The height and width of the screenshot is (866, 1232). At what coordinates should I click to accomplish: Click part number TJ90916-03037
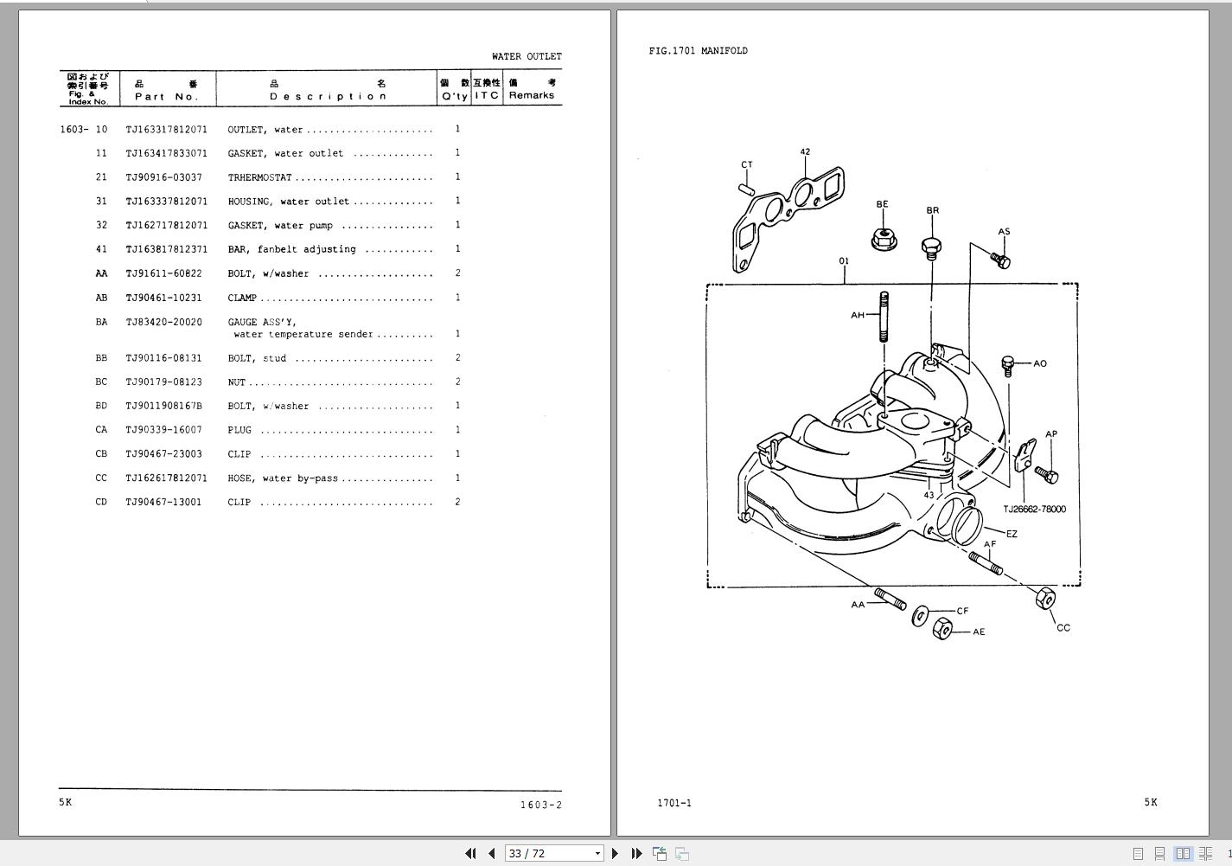tap(163, 177)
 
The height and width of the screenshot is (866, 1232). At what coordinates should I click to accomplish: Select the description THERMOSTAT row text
tap(259, 177)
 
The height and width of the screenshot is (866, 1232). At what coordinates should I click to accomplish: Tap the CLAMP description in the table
tap(242, 298)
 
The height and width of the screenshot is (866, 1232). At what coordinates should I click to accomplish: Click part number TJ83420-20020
tap(163, 322)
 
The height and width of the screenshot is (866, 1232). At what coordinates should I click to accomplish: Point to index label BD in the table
tap(101, 406)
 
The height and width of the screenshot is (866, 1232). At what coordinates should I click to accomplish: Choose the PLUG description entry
tap(239, 430)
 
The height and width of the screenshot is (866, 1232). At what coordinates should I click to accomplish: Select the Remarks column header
tap(532, 95)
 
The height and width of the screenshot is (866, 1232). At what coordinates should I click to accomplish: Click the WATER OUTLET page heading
tap(527, 56)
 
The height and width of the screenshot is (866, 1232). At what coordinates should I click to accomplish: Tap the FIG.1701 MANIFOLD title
tap(698, 51)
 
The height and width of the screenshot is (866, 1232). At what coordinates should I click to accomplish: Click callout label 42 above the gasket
tap(805, 151)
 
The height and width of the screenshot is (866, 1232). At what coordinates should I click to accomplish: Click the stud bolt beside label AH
tap(884, 317)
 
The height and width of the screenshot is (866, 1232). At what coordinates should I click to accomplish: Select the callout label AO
tap(1039, 363)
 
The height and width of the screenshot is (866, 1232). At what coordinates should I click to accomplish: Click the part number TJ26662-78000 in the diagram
tap(1034, 509)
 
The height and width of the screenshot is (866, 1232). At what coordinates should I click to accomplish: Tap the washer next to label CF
tap(919, 616)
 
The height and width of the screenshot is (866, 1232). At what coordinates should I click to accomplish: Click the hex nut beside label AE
tap(942, 628)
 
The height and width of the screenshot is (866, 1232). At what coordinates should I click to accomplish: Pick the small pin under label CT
tap(746, 189)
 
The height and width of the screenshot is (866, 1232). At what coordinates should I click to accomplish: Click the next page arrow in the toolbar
tap(615, 853)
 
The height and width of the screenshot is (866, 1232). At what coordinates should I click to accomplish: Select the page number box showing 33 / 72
tap(554, 853)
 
